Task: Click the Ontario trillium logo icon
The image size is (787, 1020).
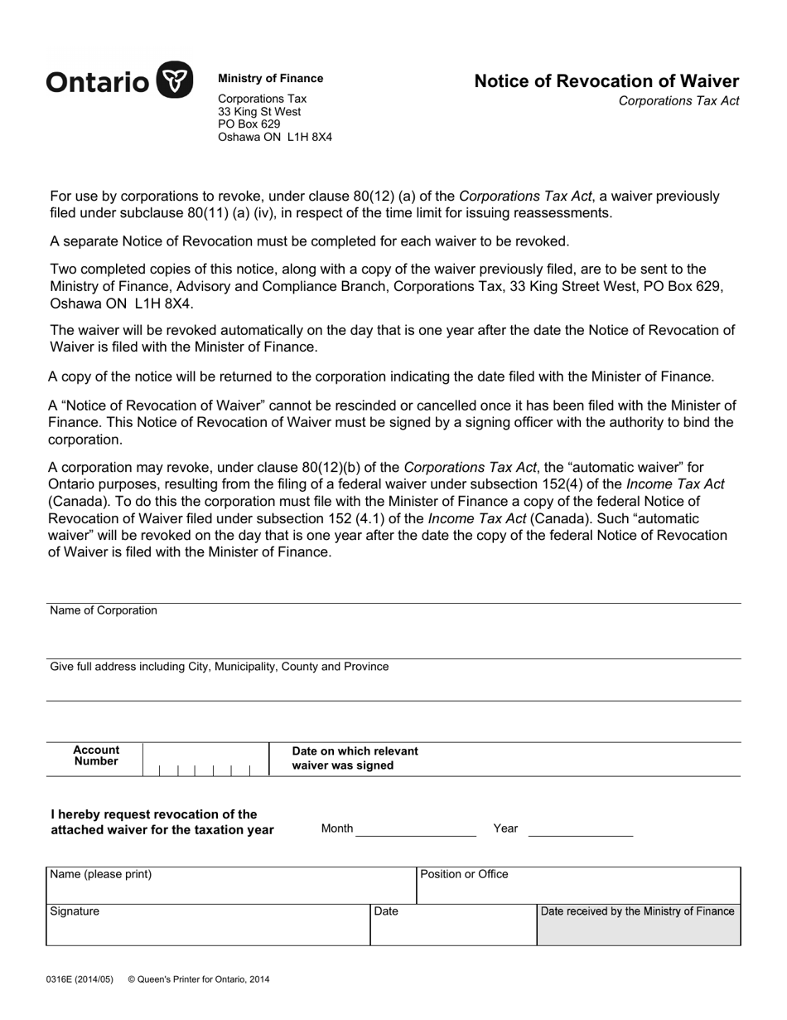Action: coord(175,80)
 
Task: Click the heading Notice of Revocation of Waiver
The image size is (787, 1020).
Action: coord(606,81)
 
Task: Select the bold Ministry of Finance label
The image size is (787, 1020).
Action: coord(270,79)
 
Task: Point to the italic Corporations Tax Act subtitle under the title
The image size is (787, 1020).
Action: coord(678,101)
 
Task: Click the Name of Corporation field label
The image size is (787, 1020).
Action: coord(104,611)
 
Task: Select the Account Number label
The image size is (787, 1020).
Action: coord(96,755)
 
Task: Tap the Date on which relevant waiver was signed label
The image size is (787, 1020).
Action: coord(355,758)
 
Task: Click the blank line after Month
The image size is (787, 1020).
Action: coord(416,828)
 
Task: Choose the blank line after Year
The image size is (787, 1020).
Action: coord(580,828)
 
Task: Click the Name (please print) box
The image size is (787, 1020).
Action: coord(230,886)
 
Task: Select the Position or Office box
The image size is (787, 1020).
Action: coord(578,886)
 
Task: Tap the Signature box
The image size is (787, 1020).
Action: coord(207,925)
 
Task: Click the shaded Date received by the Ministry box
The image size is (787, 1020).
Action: coord(639,925)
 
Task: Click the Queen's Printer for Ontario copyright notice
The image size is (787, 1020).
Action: coord(199,979)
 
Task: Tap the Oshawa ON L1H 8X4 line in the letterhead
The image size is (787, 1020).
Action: coord(274,138)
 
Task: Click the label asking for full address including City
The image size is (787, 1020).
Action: coord(220,667)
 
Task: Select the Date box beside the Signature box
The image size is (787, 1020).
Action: coord(453,925)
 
